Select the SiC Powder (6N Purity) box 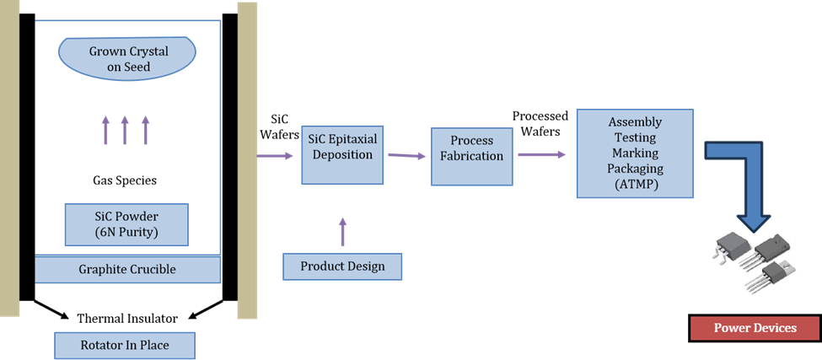(126, 223)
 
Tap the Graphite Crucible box (127, 270)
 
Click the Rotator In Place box (124, 346)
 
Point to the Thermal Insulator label (127, 319)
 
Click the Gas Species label (125, 180)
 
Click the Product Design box (342, 266)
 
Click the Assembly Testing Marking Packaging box (635, 153)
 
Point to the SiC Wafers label (279, 126)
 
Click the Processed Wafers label (540, 123)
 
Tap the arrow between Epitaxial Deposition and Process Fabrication (406, 156)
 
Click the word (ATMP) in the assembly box (635, 183)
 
